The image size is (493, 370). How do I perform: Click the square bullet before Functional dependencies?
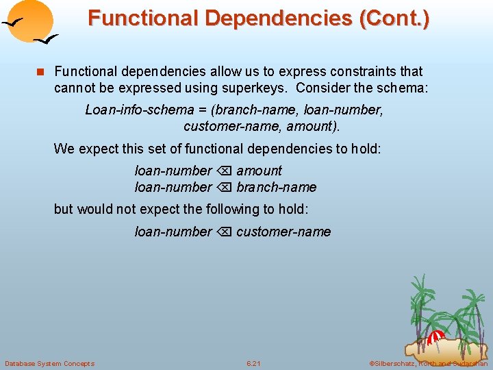[x=40, y=71]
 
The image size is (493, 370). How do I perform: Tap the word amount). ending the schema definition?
[x=313, y=126]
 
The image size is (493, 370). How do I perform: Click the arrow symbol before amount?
[x=224, y=171]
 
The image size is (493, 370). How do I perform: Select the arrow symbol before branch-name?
[x=224, y=187]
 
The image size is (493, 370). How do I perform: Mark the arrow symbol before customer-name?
[x=224, y=232]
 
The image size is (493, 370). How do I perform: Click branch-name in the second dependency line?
[x=276, y=187]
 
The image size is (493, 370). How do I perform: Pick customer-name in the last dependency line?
[x=283, y=232]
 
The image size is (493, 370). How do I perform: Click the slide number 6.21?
[x=253, y=363]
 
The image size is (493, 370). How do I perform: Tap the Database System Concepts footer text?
[x=49, y=363]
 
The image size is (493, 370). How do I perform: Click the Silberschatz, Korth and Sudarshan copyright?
[x=428, y=363]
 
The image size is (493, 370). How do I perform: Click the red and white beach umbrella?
[x=435, y=336]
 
